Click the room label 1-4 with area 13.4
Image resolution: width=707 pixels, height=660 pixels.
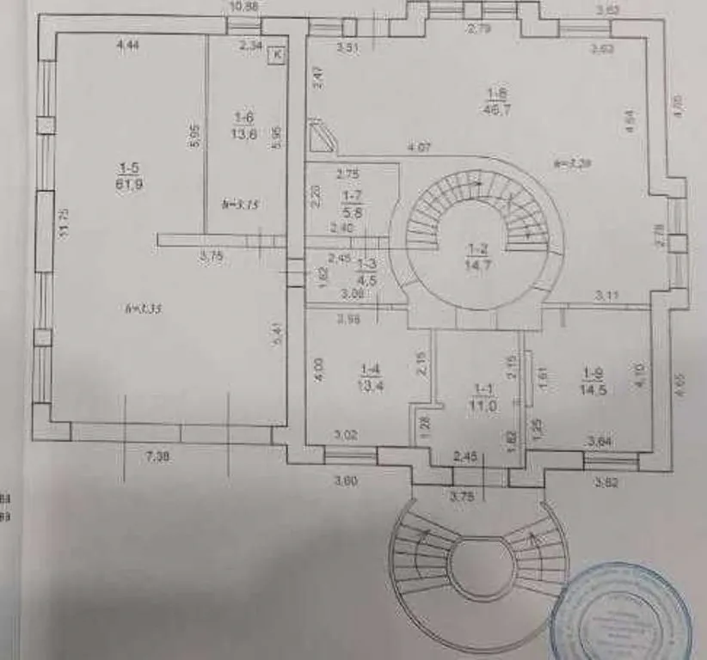(371, 378)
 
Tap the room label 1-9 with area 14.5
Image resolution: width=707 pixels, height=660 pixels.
(593, 380)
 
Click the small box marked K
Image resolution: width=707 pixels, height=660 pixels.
(277, 54)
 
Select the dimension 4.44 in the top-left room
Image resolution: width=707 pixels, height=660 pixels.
(128, 46)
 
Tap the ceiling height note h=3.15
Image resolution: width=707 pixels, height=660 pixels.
(240, 204)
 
